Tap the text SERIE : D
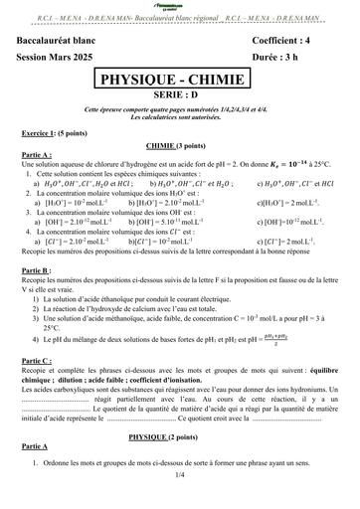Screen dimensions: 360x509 pyautogui.click(x=180, y=96)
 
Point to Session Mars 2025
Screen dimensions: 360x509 pyautogui.click(x=62, y=53)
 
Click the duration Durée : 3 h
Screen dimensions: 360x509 pyautogui.click(x=279, y=53)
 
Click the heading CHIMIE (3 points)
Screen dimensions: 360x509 pyautogui.click(x=180, y=145)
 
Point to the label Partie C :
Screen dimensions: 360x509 pyautogui.click(x=41, y=361)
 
